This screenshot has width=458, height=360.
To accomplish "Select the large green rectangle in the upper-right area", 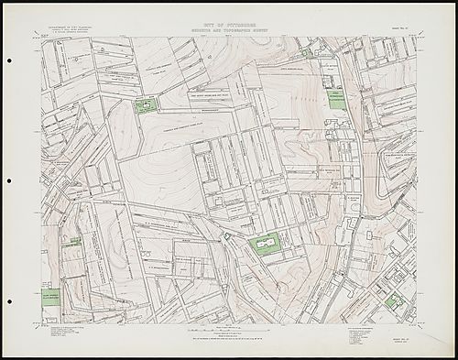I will point(337,100).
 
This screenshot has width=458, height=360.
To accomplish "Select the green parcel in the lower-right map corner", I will point(393,301).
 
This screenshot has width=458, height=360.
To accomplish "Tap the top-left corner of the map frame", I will point(42,37).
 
